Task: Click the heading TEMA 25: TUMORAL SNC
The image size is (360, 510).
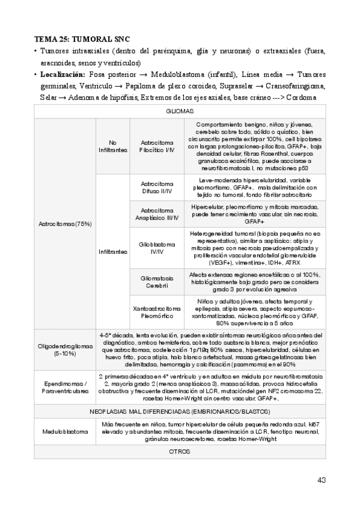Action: (x=82, y=38)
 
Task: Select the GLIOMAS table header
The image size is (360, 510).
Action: (x=179, y=112)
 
